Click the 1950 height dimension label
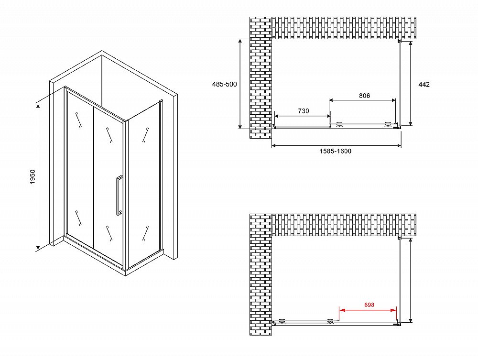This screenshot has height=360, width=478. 33,176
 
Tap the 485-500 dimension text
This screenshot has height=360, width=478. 224,84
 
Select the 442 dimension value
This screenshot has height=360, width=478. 424,85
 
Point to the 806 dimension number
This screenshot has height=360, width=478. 364,96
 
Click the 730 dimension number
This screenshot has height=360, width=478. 304,111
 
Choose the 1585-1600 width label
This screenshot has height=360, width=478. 336,151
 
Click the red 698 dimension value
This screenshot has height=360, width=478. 369,305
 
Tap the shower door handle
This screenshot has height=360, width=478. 119,196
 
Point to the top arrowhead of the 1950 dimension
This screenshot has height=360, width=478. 38,106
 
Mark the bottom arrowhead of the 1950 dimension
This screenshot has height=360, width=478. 38,247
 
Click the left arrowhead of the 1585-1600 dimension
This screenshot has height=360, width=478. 274,146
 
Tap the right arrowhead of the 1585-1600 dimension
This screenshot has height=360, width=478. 399,146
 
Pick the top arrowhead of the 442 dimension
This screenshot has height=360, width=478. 411,44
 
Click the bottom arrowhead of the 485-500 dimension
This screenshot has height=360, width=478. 240,126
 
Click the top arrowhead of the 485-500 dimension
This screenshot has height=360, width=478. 240,42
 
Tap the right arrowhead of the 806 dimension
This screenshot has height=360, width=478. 393,100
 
